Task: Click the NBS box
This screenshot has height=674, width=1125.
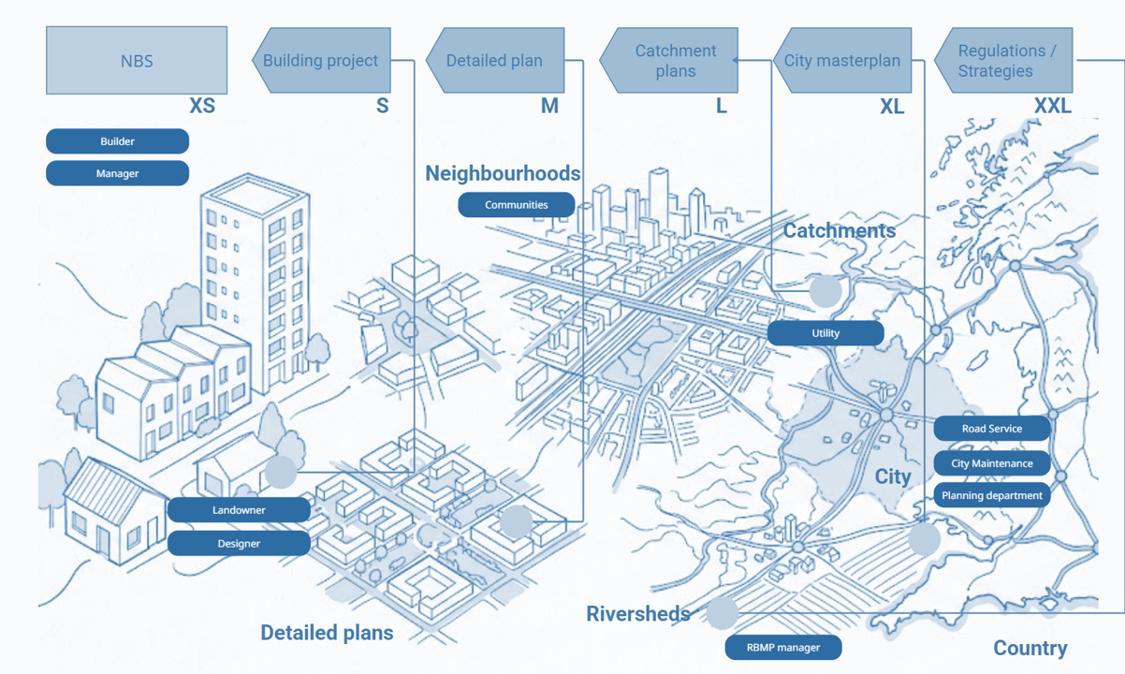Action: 137,61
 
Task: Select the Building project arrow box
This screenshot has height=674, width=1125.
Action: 321,61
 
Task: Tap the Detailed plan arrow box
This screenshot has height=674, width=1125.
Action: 495,61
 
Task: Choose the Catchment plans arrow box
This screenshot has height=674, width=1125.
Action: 670,61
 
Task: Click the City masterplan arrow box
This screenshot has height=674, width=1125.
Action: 842,61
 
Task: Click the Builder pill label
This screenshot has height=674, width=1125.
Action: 117,141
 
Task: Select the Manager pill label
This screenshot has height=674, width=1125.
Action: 117,173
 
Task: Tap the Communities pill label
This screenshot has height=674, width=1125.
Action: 516,205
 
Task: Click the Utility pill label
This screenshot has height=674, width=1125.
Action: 825,333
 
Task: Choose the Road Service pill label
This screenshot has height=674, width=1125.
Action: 991,429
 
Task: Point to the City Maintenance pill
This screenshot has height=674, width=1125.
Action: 991,463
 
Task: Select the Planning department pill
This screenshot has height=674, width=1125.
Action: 991,495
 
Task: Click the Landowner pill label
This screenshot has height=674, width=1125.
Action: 239,510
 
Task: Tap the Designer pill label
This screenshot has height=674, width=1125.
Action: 239,543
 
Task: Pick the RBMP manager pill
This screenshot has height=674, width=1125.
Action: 782,647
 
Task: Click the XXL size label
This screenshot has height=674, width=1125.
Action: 1052,107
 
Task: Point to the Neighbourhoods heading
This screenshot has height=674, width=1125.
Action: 503,173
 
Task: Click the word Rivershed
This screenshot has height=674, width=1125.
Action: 637,614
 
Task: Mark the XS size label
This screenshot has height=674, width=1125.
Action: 202,106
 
